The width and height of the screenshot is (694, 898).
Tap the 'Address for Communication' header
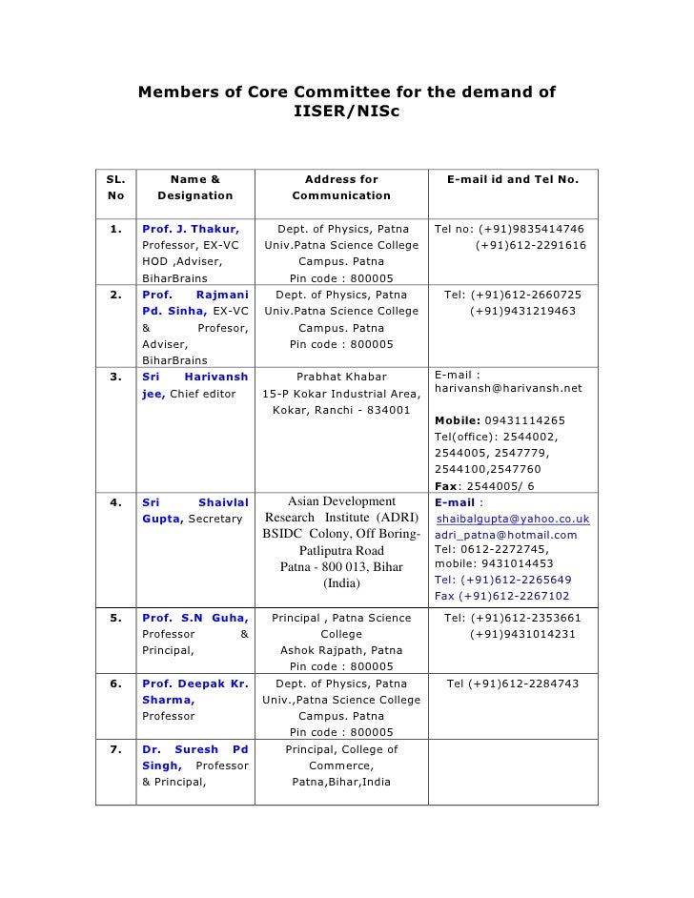pos(341,187)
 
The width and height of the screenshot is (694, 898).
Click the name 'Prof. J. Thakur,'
pos(190,230)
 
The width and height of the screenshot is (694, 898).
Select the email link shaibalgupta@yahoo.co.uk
pos(513,520)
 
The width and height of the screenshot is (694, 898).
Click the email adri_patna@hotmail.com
pos(505,535)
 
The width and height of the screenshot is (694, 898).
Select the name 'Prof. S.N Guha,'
pos(194,618)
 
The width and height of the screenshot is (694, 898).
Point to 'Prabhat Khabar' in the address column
pos(340,378)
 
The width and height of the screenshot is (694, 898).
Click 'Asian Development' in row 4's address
pos(340,502)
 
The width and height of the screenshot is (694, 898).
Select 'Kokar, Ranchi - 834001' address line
pos(340,411)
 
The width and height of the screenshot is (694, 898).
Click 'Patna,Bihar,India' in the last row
pos(340,782)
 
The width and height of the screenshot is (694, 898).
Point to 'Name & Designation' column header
pos(194,187)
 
